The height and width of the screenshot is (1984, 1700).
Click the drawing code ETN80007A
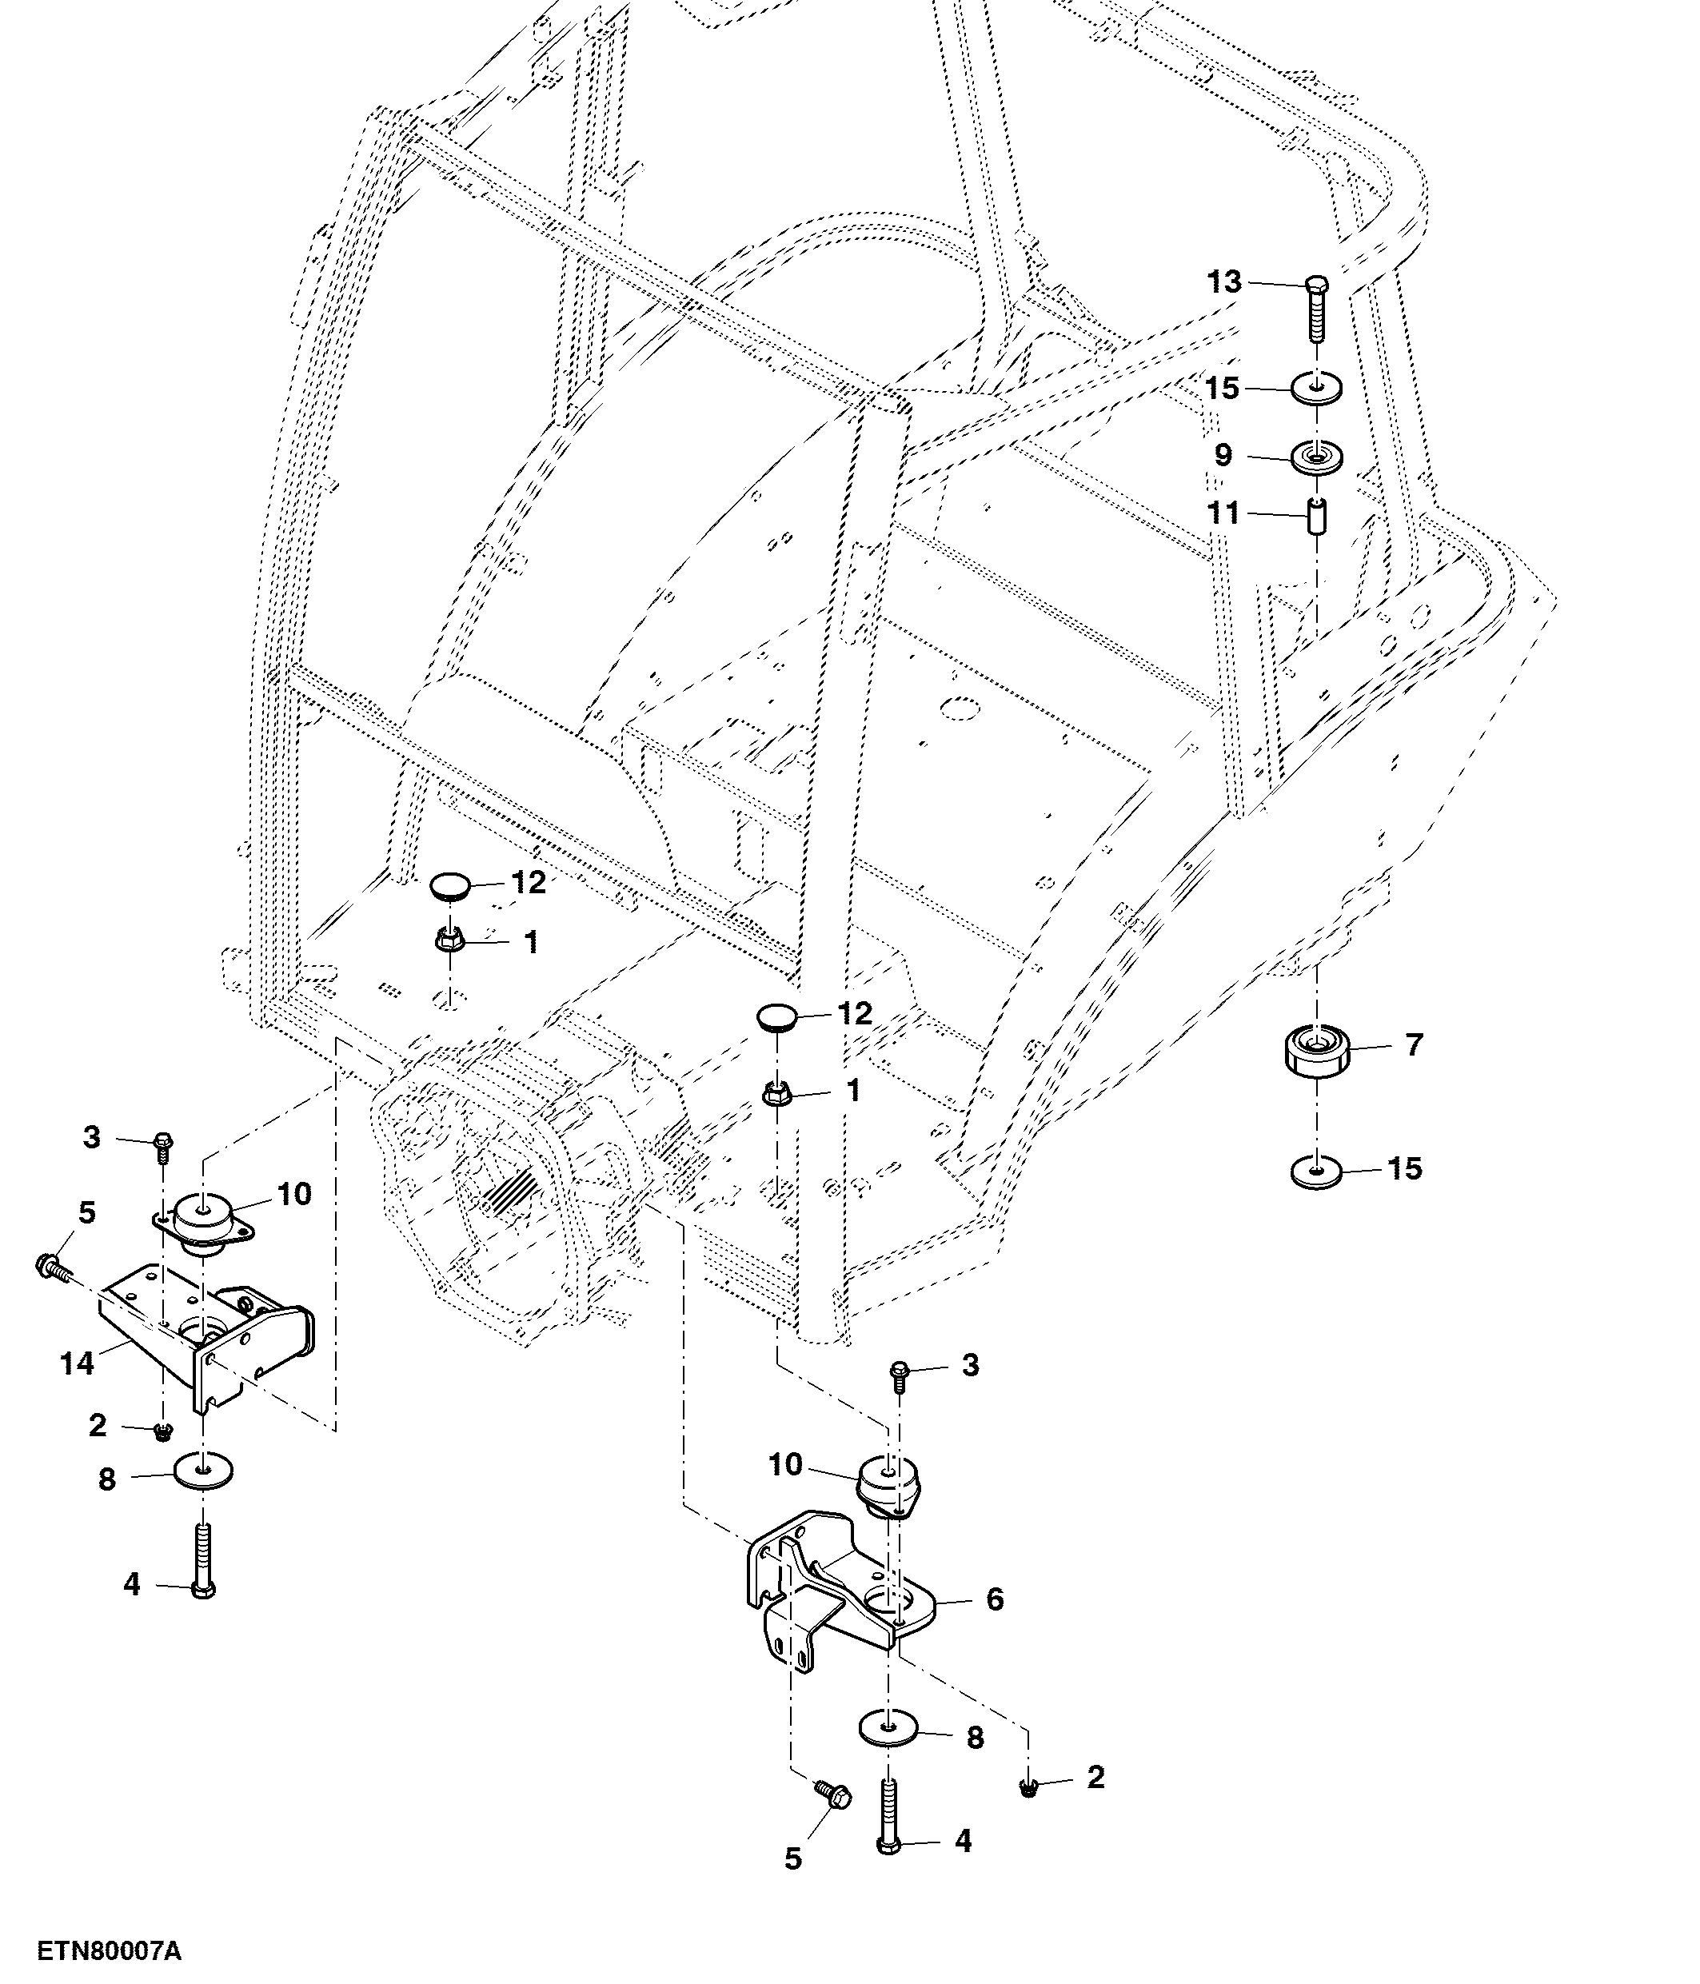pyautogui.click(x=109, y=1951)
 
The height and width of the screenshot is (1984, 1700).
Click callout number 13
pyautogui.click(x=1224, y=281)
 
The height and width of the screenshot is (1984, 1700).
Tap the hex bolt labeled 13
pyautogui.click(x=1317, y=310)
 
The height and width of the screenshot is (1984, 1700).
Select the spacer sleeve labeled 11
pyautogui.click(x=1318, y=517)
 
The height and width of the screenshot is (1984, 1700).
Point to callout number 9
pyautogui.click(x=1223, y=455)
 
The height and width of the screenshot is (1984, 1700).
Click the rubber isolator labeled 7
pyautogui.click(x=1316, y=1051)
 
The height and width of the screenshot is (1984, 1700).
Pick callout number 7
pyautogui.click(x=1415, y=1044)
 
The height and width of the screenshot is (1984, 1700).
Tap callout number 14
pyautogui.click(x=77, y=1363)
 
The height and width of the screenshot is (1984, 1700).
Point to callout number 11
pyautogui.click(x=1224, y=513)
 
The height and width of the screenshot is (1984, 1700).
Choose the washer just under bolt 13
pyautogui.click(x=1317, y=389)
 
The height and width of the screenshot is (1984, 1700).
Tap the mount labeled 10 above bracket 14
pyautogui.click(x=205, y=1222)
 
